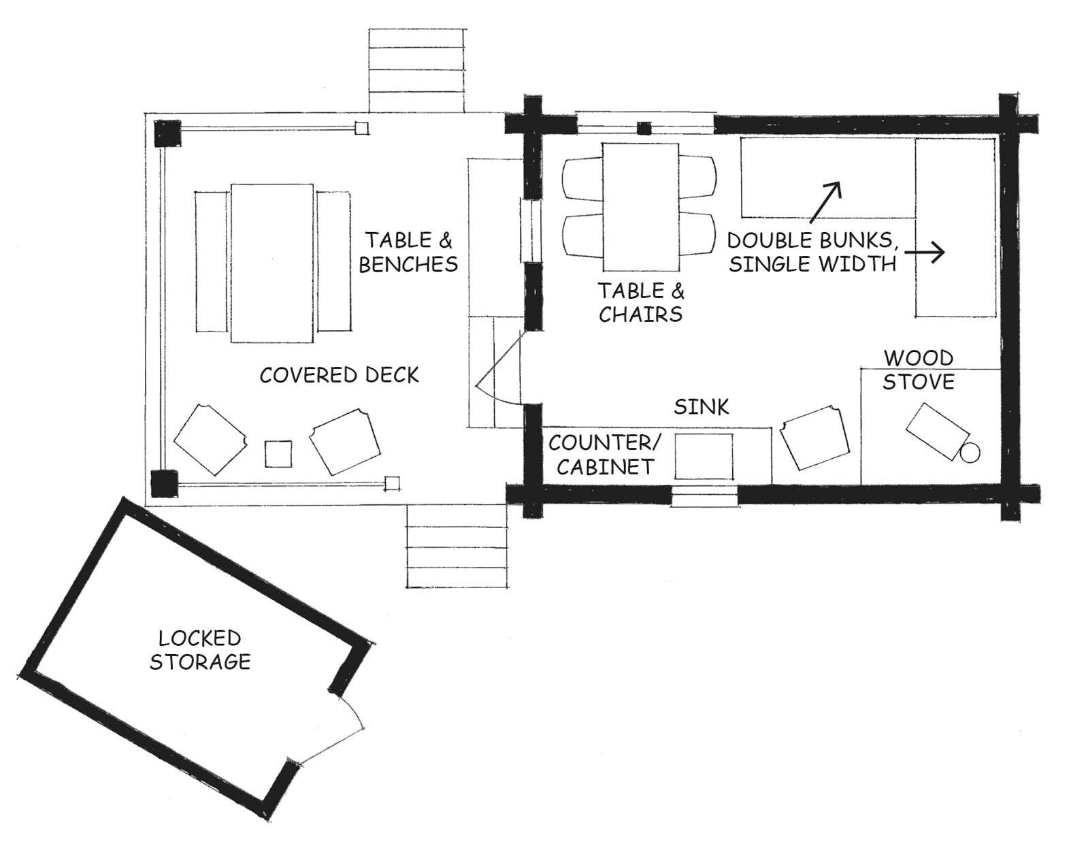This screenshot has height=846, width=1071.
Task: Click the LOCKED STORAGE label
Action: pyautogui.click(x=200, y=651)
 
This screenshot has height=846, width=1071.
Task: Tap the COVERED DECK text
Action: pyautogui.click(x=340, y=376)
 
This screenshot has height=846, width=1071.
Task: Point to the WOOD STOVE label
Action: pyautogui.click(x=918, y=370)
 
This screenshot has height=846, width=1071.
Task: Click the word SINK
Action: pyautogui.click(x=702, y=407)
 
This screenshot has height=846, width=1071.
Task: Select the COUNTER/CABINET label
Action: pyautogui.click(x=605, y=454)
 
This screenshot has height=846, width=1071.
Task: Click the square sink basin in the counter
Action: pyautogui.click(x=704, y=456)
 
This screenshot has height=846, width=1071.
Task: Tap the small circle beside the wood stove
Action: pyautogui.click(x=970, y=453)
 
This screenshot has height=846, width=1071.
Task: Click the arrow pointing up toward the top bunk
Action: pyautogui.click(x=825, y=202)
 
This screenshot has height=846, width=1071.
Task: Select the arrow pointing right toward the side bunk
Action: pyautogui.click(x=925, y=253)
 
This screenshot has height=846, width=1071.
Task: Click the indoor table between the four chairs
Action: pyautogui.click(x=641, y=207)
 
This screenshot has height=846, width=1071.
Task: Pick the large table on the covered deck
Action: pyautogui.click(x=271, y=263)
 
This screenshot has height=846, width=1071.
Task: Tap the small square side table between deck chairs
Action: pyautogui.click(x=278, y=453)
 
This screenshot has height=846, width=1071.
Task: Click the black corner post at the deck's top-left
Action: pyautogui.click(x=167, y=133)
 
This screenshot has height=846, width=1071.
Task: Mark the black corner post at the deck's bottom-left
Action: pyautogui.click(x=164, y=483)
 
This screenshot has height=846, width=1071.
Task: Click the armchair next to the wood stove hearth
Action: pyautogui.click(x=814, y=438)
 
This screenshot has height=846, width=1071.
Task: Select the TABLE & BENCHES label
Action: pyautogui.click(x=408, y=253)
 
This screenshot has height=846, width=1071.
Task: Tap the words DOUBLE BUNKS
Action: pyautogui.click(x=812, y=241)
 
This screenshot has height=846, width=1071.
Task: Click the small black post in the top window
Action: pyautogui.click(x=644, y=129)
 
